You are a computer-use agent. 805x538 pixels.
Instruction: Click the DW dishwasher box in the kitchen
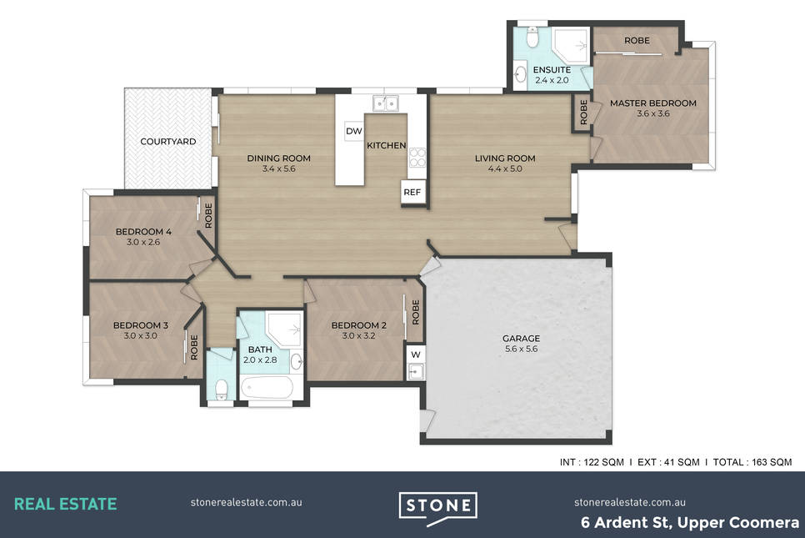coord(353,131)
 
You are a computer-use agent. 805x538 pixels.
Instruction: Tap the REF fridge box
coord(412,192)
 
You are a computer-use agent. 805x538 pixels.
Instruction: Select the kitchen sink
coord(386,103)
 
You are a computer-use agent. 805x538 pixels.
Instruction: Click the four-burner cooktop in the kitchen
coord(417,158)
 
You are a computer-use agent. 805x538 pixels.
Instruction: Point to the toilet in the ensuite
coord(532,35)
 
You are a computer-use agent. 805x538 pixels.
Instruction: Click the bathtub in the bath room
coord(267,387)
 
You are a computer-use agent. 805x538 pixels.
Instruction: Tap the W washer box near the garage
coord(416,354)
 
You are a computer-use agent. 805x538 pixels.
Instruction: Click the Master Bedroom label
coord(653,103)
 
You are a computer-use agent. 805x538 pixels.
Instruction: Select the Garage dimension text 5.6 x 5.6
coord(521,349)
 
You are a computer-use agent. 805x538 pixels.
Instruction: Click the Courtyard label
coord(168,141)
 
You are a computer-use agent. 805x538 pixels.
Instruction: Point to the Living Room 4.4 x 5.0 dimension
coord(505,168)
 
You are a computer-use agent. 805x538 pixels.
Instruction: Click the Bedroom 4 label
coord(143,232)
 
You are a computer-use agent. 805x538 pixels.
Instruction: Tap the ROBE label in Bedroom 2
coord(416,312)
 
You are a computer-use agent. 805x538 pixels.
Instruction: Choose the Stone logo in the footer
coord(438,508)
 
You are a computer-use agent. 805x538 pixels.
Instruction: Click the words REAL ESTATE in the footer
coord(65,504)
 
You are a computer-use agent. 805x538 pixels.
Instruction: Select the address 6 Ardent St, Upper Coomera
coord(690,523)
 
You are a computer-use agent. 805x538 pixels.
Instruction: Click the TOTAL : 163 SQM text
coord(752,462)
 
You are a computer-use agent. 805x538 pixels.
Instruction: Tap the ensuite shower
coord(570,46)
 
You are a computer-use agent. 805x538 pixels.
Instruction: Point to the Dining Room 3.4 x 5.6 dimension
coord(279,168)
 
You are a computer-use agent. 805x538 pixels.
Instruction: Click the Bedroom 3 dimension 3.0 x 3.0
coord(141,335)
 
